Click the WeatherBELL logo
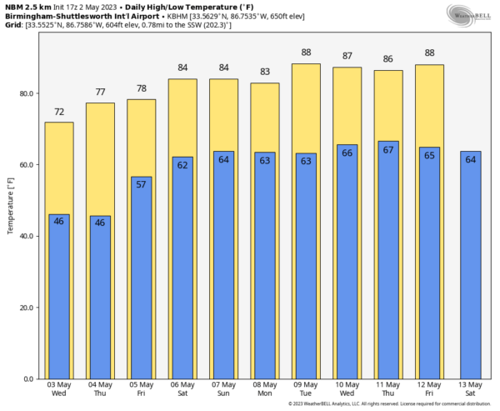point(468,14)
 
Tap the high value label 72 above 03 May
point(59,112)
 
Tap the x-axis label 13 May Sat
point(470,389)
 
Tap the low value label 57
point(141,185)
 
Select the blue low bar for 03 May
point(59,297)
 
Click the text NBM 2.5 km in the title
point(27,7)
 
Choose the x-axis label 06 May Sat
point(182,389)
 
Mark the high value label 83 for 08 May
point(265,73)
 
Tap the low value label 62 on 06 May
point(182,165)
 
